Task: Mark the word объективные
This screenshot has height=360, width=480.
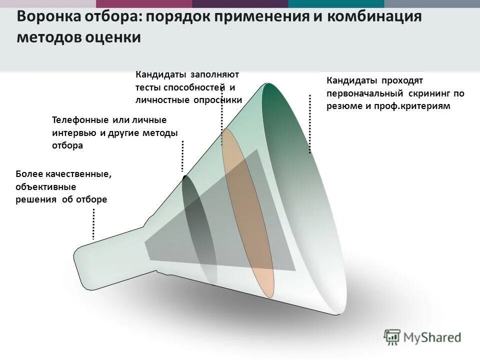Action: coord(46,187)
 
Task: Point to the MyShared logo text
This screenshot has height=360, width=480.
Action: coord(433,337)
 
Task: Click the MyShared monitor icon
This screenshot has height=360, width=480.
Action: coord(392,336)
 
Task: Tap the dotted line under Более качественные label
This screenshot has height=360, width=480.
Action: coord(93,223)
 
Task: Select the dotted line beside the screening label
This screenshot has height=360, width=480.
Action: coord(310,123)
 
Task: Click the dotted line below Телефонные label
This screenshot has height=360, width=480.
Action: coord(183,156)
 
